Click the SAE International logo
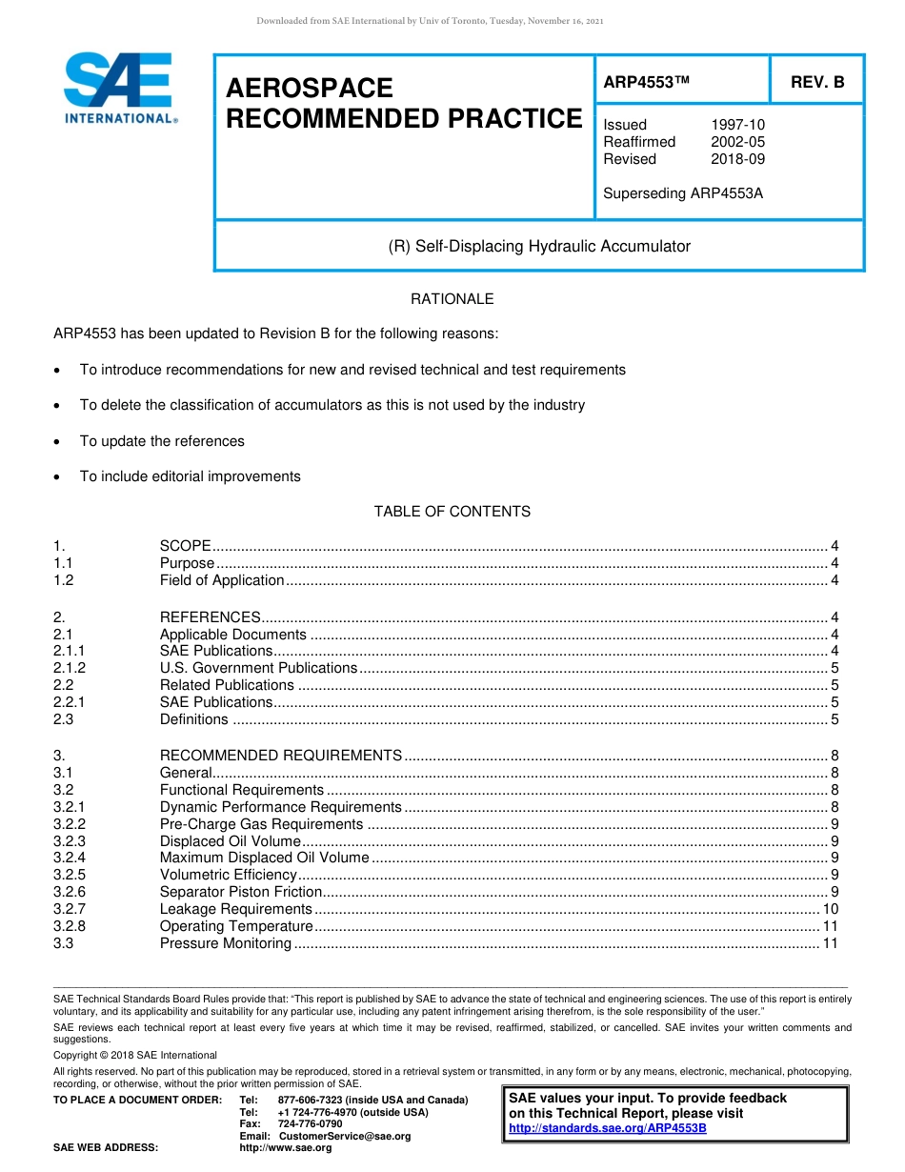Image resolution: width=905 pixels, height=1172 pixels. click(x=119, y=89)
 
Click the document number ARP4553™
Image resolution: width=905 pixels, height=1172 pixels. click(x=646, y=83)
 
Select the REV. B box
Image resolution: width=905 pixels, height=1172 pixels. click(x=816, y=83)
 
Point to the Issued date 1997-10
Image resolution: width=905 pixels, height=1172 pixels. click(x=737, y=125)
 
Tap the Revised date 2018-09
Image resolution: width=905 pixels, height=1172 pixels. click(x=737, y=159)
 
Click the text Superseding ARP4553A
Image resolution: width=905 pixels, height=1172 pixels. click(x=683, y=193)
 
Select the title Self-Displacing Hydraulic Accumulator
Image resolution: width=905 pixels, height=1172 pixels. click(x=539, y=246)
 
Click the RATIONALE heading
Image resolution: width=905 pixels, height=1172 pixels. click(x=452, y=299)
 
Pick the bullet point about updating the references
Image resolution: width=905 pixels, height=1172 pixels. click(x=162, y=441)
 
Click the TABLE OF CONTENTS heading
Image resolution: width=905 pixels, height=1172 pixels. click(x=452, y=512)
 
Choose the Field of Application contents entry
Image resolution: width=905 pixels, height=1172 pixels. click(x=222, y=580)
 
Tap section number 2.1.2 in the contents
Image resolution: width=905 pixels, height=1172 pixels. click(x=70, y=668)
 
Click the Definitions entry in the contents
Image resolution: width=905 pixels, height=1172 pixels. click(x=194, y=719)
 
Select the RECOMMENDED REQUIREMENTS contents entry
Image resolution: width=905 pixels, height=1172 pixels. click(x=281, y=756)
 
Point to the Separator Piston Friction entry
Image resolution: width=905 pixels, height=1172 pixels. click(x=241, y=892)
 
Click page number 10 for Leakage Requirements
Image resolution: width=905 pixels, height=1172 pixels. click(x=830, y=909)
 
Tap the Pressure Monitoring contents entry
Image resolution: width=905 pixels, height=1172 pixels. click(x=226, y=943)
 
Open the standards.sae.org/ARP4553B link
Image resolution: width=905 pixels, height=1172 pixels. click(x=608, y=1128)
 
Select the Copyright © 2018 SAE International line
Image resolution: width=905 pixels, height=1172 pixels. click(x=135, y=1055)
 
